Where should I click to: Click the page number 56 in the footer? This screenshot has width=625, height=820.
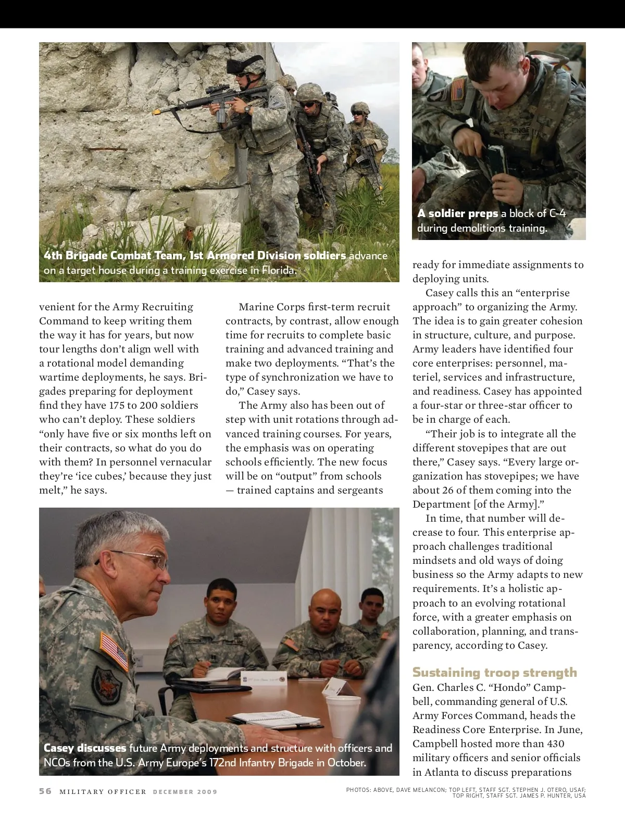pyautogui.click(x=45, y=791)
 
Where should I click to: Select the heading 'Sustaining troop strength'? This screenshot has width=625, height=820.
pyautogui.click(x=494, y=672)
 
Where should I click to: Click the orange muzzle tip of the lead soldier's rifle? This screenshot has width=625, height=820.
pyautogui.click(x=155, y=111)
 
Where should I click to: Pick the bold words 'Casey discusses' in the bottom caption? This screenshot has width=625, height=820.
pyautogui.click(x=85, y=748)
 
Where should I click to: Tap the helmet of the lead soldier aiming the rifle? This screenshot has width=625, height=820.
pyautogui.click(x=251, y=66)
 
